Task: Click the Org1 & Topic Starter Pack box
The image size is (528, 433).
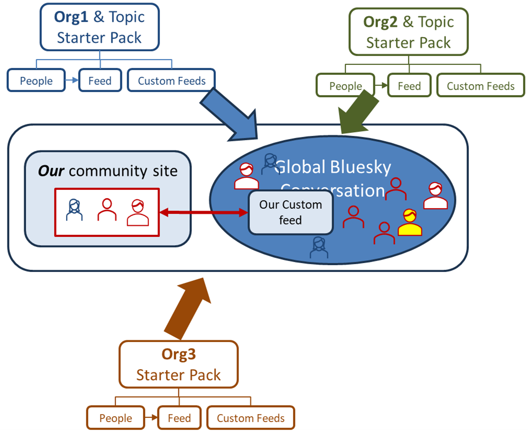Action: tap(99, 27)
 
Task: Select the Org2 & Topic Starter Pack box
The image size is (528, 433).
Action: tap(408, 32)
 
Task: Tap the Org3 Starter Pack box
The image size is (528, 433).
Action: tap(178, 364)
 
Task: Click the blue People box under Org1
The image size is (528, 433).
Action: tap(36, 81)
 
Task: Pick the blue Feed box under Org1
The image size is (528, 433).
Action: tap(100, 81)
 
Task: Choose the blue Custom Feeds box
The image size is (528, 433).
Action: tap(171, 81)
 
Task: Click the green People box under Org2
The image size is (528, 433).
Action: tap(346, 86)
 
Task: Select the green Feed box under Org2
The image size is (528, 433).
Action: tap(409, 86)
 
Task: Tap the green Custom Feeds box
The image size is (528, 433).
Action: tap(480, 86)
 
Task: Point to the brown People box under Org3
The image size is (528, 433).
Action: tap(116, 418)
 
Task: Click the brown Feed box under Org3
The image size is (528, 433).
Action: tap(179, 418)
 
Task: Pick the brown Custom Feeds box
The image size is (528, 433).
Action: tap(251, 418)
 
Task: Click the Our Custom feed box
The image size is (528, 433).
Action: tap(290, 212)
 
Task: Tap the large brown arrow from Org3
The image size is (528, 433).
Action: tap(189, 309)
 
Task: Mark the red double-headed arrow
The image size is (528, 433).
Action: tap(203, 212)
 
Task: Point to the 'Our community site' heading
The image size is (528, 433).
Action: tap(107, 171)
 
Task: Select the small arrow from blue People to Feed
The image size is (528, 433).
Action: tap(72, 81)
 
